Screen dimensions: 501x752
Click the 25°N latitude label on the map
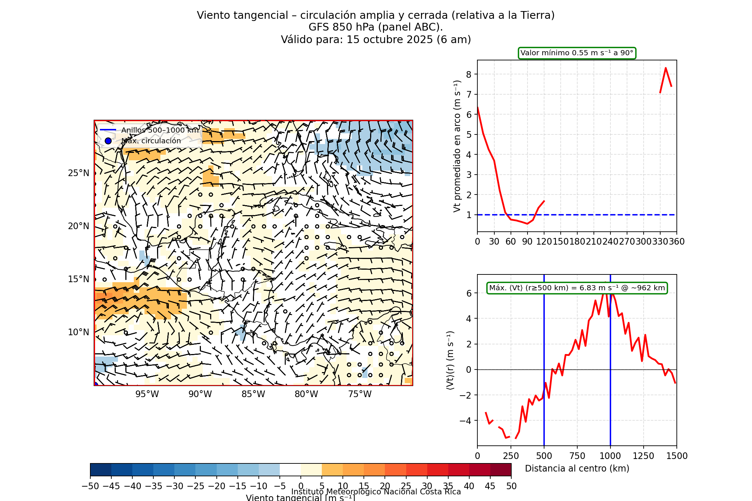pyautogui.click(x=79, y=173)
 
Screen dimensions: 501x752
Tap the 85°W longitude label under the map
pyautogui.click(x=253, y=394)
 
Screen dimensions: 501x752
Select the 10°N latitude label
pyautogui.click(x=79, y=332)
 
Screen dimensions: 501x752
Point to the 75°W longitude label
pyautogui.click(x=359, y=394)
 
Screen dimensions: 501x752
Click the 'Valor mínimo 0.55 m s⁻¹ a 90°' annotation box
pyautogui.click(x=577, y=53)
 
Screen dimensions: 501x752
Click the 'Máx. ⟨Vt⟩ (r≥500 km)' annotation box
pyautogui.click(x=577, y=288)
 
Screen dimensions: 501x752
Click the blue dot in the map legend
pyautogui.click(x=108, y=141)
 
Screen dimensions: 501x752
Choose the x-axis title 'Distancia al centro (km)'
pyautogui.click(x=577, y=469)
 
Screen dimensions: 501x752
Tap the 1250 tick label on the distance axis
pyautogui.click(x=643, y=456)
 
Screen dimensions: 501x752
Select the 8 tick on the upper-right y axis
pyautogui.click(x=469, y=74)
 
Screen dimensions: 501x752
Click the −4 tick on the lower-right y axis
pyautogui.click(x=465, y=421)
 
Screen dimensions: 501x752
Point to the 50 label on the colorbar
pyautogui.click(x=511, y=486)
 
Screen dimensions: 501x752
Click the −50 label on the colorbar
pyautogui.click(x=90, y=486)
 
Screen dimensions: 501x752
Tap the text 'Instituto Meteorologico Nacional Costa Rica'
pyautogui.click(x=376, y=492)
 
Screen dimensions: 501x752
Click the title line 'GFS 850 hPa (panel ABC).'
pyautogui.click(x=376, y=27)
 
